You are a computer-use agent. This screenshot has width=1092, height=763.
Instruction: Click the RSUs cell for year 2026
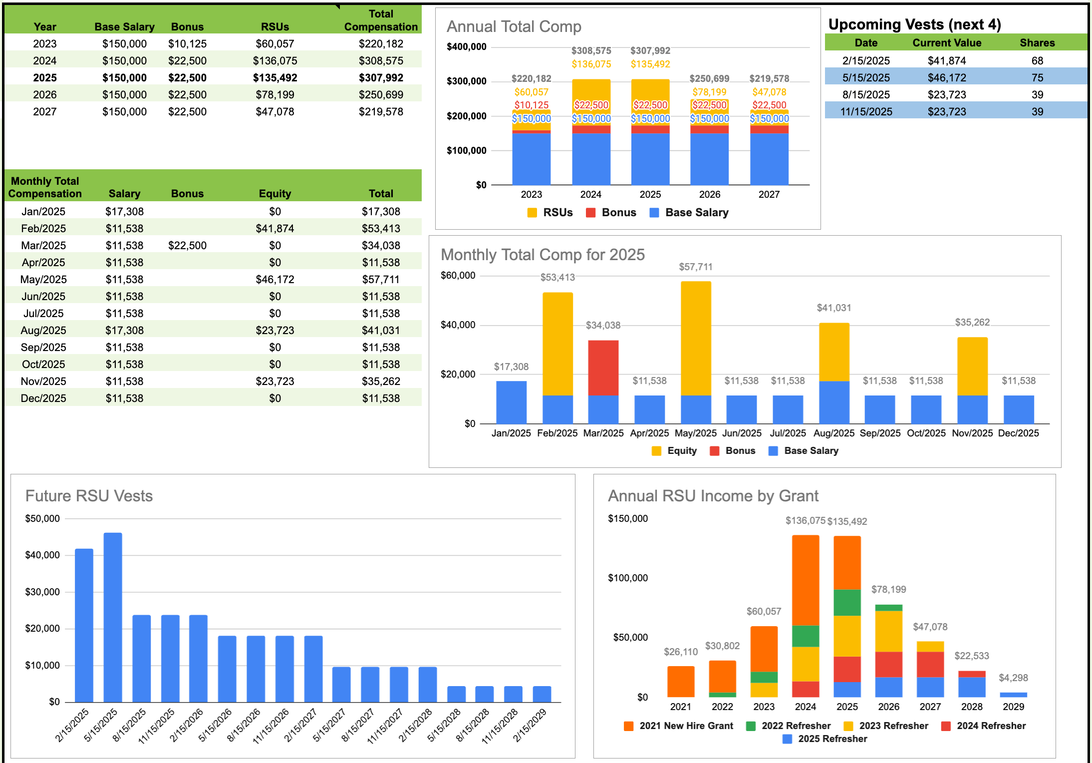[274, 94]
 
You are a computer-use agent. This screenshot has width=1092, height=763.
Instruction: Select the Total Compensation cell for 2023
[380, 43]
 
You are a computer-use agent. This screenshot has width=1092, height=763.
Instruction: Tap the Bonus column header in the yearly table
[187, 26]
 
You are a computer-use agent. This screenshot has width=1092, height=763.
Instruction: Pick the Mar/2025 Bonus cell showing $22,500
[187, 245]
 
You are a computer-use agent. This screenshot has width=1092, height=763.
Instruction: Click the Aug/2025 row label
[43, 330]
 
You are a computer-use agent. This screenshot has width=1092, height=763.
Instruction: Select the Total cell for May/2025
[380, 279]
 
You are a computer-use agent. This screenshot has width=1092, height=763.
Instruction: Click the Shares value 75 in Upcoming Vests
[1037, 77]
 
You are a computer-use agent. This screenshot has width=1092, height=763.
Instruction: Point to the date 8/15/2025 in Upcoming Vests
[866, 94]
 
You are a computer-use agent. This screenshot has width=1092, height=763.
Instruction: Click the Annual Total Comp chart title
[514, 26]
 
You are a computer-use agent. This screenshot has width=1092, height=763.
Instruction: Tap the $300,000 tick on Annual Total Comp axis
[466, 81]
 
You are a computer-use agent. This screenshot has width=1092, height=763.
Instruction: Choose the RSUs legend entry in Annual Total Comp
[550, 212]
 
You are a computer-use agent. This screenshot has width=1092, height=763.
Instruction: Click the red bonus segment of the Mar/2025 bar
[603, 367]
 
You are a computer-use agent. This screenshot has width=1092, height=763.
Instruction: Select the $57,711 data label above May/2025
[695, 267]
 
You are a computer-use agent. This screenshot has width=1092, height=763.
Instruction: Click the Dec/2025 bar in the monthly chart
[1018, 409]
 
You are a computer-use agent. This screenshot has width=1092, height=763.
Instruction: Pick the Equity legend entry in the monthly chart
[675, 450]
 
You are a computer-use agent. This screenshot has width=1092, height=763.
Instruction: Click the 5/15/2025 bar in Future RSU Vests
[113, 617]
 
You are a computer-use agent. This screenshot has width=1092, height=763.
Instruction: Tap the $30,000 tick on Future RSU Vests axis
[42, 592]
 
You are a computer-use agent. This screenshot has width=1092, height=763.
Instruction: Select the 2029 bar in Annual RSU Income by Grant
[1013, 695]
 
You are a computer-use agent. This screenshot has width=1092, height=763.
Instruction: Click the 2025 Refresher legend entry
[825, 739]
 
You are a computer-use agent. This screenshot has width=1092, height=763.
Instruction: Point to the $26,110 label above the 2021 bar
[680, 652]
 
